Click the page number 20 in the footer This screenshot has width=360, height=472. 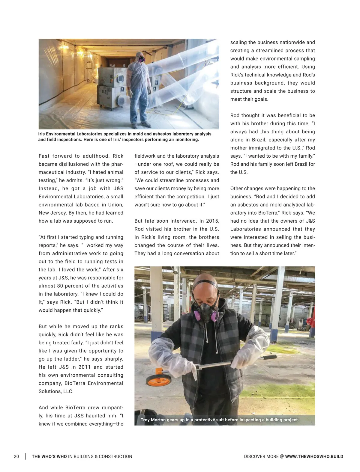point(16,456)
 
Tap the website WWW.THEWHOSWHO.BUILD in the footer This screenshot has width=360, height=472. point(314,456)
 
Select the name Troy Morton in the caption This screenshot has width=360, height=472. point(153,420)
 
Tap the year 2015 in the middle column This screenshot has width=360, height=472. point(212,221)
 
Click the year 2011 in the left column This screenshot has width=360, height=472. point(84,367)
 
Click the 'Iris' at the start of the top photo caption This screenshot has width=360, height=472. point(41,134)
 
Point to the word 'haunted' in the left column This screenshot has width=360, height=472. point(98,415)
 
